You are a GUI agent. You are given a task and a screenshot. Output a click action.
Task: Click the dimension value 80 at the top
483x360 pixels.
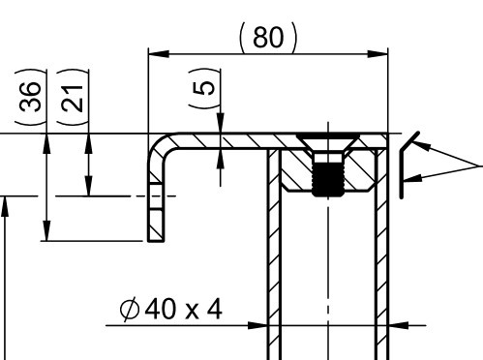click(x=268, y=38)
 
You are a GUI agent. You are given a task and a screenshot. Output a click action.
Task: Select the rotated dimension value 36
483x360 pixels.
click(x=31, y=97)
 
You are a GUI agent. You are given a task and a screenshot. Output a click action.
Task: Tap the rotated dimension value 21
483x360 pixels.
click(x=73, y=98)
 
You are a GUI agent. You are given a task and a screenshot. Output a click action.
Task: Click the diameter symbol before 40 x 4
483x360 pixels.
click(x=130, y=309)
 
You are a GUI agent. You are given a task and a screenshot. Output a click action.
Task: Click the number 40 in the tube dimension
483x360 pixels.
click(x=161, y=309)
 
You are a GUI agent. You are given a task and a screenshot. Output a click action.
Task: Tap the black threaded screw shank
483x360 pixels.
click(x=328, y=179)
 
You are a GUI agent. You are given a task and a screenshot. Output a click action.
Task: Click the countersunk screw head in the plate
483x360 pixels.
click(x=328, y=141)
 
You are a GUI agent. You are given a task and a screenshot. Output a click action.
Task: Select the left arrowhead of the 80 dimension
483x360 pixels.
click(x=159, y=54)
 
